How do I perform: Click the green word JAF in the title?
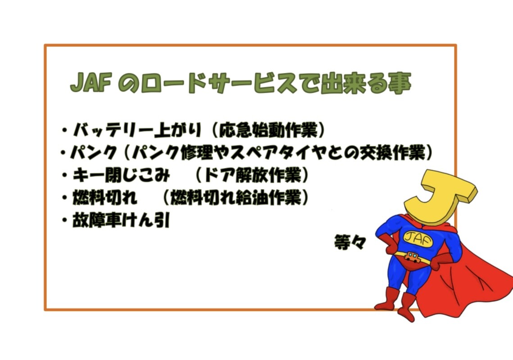point(91,83)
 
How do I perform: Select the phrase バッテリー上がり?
point(137,130)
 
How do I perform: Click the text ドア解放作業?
point(252,175)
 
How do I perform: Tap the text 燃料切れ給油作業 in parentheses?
point(236,198)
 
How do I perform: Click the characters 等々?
point(350,242)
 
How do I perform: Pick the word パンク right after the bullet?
point(94,153)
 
